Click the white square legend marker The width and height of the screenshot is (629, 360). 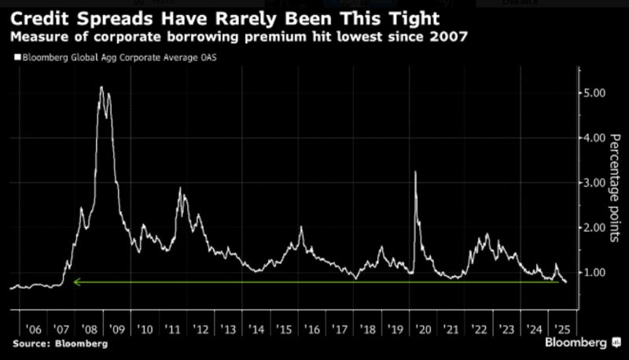[15, 57]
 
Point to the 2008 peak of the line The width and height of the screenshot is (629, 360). [101, 87]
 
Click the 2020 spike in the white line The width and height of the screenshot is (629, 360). [415, 172]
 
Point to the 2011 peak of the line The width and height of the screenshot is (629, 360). [180, 189]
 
